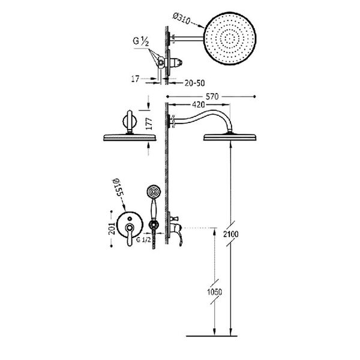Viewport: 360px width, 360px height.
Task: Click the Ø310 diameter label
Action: click(181, 19)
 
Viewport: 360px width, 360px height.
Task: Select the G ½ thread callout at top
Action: click(141, 41)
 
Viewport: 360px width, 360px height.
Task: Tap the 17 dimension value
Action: click(135, 79)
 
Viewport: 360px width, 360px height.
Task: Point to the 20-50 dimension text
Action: click(194, 83)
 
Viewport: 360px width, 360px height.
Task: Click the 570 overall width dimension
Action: click(212, 97)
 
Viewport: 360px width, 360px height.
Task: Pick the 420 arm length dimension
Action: click(198, 104)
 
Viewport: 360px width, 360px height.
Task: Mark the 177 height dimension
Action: click(149, 124)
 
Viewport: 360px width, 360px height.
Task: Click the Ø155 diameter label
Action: click(118, 188)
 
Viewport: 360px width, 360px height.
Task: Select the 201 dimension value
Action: click(112, 229)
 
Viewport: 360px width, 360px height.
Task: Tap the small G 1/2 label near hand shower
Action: click(143, 239)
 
